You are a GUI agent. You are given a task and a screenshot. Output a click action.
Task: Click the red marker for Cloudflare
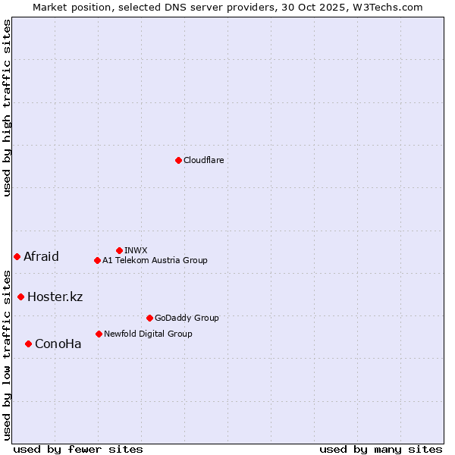pyautogui.click(x=178, y=160)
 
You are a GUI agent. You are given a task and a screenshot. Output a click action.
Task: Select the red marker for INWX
pyautogui.click(x=119, y=250)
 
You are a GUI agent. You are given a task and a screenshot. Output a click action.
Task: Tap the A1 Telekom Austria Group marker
pyautogui.click(x=97, y=260)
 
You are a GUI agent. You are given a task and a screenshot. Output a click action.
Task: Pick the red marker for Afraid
pyautogui.click(x=17, y=256)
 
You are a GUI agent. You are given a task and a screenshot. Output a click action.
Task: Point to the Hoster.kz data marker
pyautogui.click(x=20, y=297)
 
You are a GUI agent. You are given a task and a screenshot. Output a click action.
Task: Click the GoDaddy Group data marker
pyautogui.click(x=149, y=318)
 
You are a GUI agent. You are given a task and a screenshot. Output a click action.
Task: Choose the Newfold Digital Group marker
pyautogui.click(x=99, y=334)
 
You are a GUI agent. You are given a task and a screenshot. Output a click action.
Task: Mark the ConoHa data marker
pyautogui.click(x=28, y=344)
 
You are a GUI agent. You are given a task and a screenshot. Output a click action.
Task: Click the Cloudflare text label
pyautogui.click(x=203, y=160)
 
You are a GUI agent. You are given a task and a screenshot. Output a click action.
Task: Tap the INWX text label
pyautogui.click(x=136, y=250)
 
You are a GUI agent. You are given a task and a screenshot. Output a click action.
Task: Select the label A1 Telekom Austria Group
pyautogui.click(x=155, y=260)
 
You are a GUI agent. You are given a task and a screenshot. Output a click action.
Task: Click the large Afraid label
pyautogui.click(x=41, y=256)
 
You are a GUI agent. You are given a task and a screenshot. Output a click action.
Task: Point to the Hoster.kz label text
pyautogui.click(x=55, y=297)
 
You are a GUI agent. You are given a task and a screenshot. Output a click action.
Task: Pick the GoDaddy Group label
pyautogui.click(x=187, y=318)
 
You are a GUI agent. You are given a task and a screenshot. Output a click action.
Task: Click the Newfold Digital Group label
pyautogui.click(x=148, y=334)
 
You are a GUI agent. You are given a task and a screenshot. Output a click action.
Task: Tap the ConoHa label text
pyautogui.click(x=58, y=344)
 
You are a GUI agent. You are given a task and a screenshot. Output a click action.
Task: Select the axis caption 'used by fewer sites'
pyautogui.click(x=78, y=449)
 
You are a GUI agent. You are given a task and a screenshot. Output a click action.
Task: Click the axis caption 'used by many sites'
pyautogui.click(x=381, y=449)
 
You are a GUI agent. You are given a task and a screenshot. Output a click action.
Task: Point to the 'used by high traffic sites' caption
pyautogui.click(x=7, y=108)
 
